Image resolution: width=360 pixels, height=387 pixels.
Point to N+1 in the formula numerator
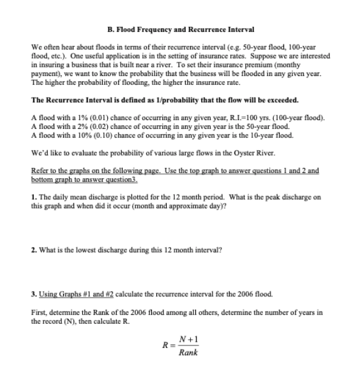[x=187, y=340]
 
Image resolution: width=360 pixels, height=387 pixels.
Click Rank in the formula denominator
[x=187, y=353]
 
